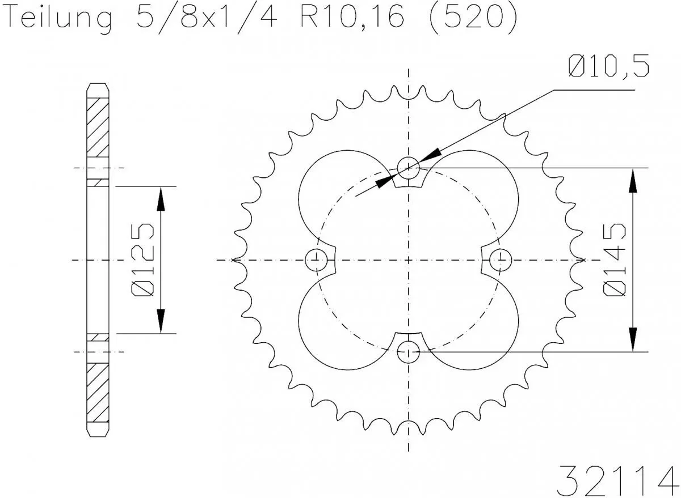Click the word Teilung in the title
coord(58,18)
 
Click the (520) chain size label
coord(472,18)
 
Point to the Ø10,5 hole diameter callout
coord(607,67)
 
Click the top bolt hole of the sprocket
coord(409,168)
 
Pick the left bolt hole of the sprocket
coord(316,260)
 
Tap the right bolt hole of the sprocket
coord(501,260)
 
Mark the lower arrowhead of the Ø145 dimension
coord(632,340)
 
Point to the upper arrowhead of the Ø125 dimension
coord(161,198)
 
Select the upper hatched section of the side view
coord(97,127)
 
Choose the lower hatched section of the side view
coord(97,391)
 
